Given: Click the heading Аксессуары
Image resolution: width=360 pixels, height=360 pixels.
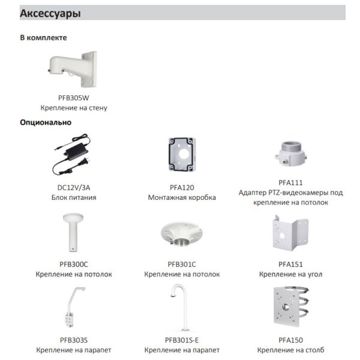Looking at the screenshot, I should [50, 13].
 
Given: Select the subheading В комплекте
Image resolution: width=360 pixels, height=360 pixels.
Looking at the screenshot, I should [43, 37].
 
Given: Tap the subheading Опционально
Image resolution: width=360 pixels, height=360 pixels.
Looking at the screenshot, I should [46, 122].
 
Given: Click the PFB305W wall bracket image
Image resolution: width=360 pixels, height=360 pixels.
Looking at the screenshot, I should [73, 68].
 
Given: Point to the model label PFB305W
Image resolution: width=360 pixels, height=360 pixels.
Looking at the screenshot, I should [74, 97].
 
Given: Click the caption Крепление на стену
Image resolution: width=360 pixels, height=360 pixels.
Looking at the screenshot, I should [74, 108].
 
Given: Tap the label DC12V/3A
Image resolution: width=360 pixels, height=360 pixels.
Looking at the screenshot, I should [74, 187].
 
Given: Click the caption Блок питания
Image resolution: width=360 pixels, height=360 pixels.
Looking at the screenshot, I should [74, 197].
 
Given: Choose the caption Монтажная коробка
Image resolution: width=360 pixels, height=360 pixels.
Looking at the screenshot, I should [182, 197].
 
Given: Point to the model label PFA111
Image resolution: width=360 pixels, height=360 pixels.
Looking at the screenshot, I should [291, 182].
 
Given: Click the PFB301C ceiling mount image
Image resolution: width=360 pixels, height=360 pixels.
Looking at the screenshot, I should [182, 236].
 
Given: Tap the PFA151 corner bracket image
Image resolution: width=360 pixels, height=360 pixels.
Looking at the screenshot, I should [291, 236].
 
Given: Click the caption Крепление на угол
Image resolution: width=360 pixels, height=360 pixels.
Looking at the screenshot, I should [291, 274].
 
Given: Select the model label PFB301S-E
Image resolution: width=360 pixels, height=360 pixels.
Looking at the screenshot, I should [182, 340].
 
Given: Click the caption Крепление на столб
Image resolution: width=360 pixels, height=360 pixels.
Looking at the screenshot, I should [291, 350].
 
